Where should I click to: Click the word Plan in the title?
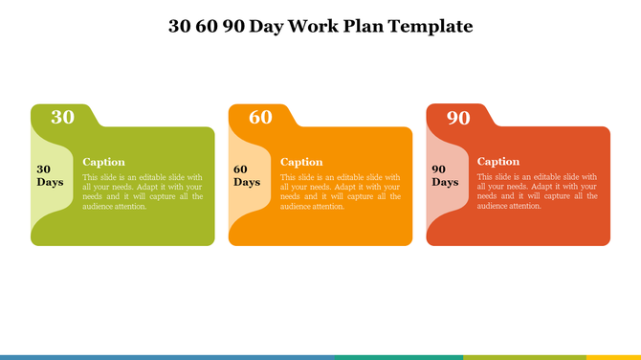pyautogui.click(x=366, y=26)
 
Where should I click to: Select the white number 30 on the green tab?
pyautogui.click(x=62, y=117)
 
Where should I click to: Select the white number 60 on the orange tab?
pyautogui.click(x=260, y=117)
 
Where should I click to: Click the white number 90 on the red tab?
pyautogui.click(x=458, y=117)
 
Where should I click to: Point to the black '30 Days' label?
pyautogui.click(x=50, y=175)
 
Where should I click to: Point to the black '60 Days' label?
pyautogui.click(x=247, y=175)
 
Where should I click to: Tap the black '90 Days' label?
pyautogui.click(x=445, y=175)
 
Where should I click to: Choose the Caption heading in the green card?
pyautogui.click(x=103, y=162)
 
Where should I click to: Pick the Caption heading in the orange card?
pyautogui.click(x=301, y=162)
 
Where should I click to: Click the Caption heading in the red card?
pyautogui.click(x=498, y=162)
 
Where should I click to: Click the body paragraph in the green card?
pyautogui.click(x=143, y=191)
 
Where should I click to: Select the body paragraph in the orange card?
pyautogui.click(x=340, y=191)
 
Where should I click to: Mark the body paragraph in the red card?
pyautogui.click(x=537, y=191)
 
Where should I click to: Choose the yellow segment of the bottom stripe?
pyautogui.click(x=612, y=357)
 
